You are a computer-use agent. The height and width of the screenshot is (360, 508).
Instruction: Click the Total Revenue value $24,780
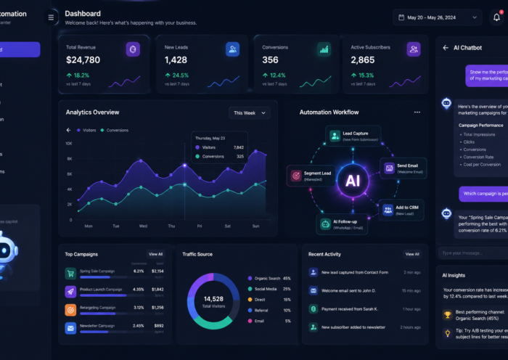tap(83, 60)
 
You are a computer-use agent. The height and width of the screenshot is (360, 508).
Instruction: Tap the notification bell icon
tap(496, 17)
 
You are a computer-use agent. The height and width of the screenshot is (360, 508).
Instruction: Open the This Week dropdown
tap(249, 112)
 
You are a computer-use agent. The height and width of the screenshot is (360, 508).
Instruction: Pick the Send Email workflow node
tap(401, 168)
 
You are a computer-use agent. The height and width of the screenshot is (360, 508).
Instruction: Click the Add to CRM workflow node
tap(401, 210)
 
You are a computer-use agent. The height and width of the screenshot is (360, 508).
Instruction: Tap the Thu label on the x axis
tap(171, 226)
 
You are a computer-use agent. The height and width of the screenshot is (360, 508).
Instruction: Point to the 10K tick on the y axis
tap(69, 143)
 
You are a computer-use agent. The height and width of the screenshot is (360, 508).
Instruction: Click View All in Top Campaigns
tap(155, 254)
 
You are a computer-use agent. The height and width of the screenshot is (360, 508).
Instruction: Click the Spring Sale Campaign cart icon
tap(70, 274)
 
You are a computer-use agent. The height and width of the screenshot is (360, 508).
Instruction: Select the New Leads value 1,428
tap(176, 60)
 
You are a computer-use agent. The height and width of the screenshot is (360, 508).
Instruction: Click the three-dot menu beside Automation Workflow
tap(417, 112)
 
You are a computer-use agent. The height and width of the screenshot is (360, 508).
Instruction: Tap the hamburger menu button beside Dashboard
tap(51, 17)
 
